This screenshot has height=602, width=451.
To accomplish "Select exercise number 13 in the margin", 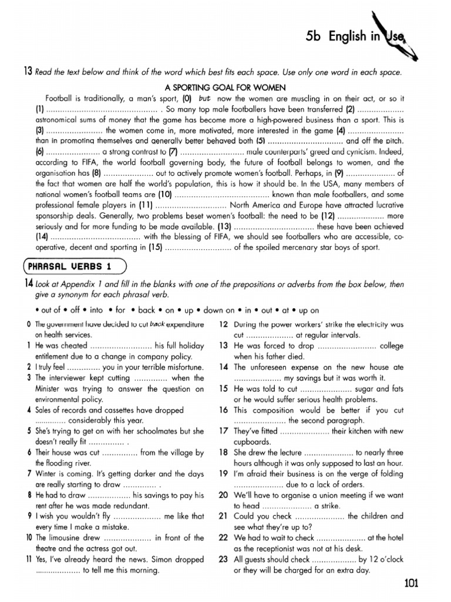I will coord(27,72).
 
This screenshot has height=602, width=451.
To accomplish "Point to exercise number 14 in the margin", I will coord(27,284).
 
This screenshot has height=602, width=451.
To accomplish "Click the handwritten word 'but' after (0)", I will coord(204,98).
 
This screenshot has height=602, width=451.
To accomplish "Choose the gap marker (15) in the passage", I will coord(154,248).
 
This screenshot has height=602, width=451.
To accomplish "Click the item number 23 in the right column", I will coord(223,560).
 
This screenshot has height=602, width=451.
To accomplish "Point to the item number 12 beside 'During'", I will coord(223,324).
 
